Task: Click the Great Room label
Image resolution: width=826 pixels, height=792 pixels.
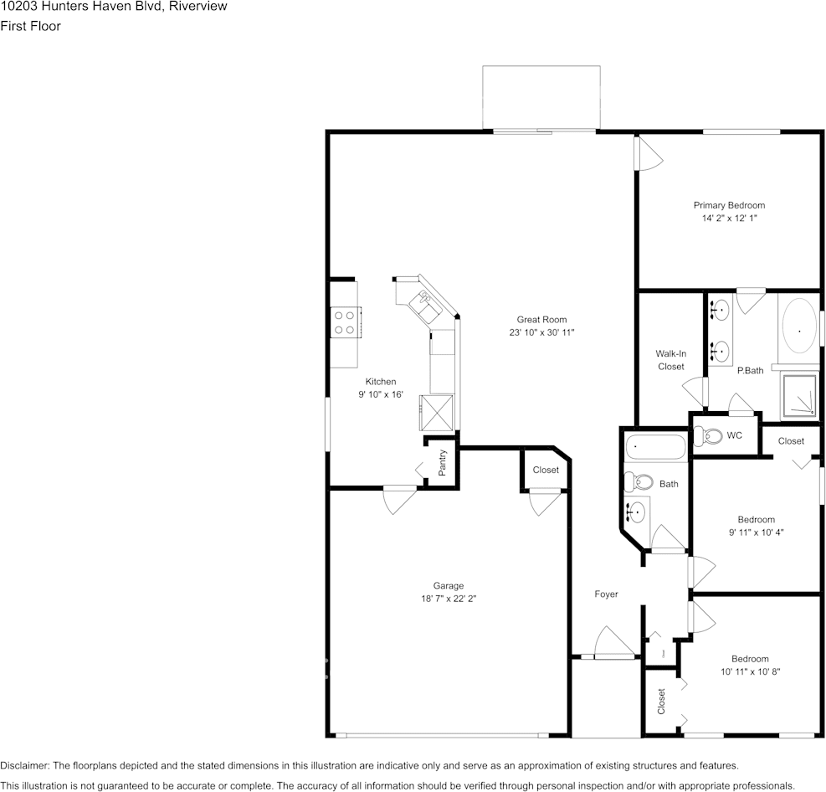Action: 541,319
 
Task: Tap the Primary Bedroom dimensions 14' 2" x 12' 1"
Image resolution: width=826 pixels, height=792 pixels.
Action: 729,218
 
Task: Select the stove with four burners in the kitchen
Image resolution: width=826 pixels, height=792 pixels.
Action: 344,322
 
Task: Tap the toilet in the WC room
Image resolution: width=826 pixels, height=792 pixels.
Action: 711,435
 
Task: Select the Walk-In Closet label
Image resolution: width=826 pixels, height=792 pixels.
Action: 670,360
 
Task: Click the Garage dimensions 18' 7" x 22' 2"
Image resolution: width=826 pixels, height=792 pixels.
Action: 449,599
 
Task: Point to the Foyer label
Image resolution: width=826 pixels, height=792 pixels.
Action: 606,594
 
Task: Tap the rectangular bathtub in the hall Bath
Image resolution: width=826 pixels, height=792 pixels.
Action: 655,448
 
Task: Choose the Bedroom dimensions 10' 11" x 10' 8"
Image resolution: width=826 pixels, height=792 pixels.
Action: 750,671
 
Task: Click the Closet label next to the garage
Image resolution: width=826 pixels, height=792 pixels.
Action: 546,470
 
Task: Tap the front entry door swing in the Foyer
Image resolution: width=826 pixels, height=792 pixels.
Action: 613,643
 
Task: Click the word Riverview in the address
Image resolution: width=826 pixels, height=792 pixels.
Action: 198,7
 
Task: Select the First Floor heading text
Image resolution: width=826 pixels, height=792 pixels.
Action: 30,26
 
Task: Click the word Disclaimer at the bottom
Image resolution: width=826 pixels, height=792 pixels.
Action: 24,765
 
